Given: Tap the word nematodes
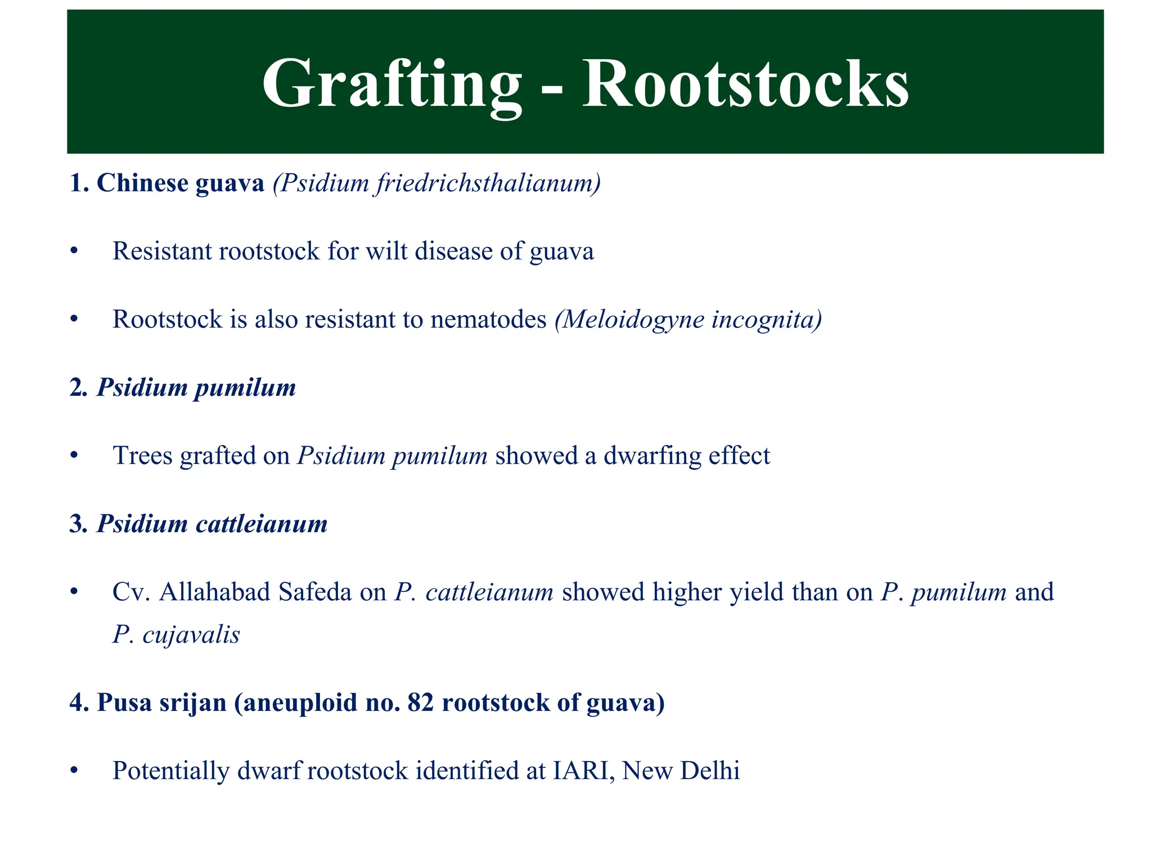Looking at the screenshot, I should click(488, 319).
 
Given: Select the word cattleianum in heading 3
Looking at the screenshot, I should click(262, 524).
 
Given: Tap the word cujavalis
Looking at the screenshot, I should click(191, 635).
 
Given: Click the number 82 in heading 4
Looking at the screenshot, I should click(421, 703).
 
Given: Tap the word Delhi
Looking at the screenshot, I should click(710, 771).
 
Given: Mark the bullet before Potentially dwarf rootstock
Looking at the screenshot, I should click(74, 771).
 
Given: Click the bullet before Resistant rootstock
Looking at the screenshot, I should click(74, 251).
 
